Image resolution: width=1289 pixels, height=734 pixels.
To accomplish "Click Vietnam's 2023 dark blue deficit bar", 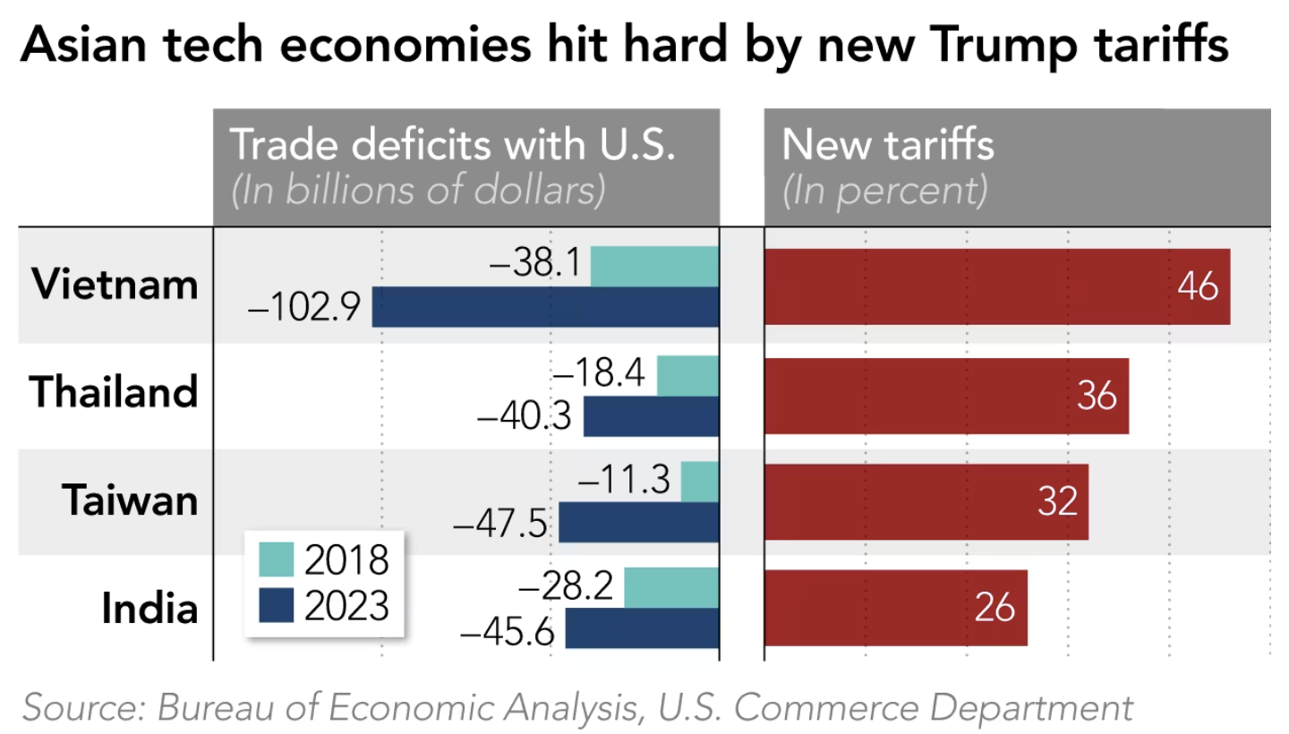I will tap(545, 306).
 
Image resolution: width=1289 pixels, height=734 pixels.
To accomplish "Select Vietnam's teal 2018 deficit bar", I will tap(654, 266).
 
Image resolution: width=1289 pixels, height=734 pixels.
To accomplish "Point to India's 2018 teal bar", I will tap(671, 587).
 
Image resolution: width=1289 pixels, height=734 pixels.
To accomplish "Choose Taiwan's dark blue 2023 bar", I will tap(639, 522).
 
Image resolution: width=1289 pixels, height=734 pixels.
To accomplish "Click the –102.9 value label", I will tap(304, 308).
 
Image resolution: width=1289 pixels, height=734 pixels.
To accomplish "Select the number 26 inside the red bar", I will tap(994, 609).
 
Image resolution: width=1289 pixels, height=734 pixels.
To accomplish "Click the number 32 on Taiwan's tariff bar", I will tap(1057, 502).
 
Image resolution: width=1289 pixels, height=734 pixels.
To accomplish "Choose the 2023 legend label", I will tap(346, 606).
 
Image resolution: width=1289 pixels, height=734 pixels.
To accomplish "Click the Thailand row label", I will tap(114, 392).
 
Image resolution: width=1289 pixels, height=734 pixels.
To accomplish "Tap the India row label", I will tap(149, 609).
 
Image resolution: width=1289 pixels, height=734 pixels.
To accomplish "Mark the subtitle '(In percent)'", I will tap(884, 191).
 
